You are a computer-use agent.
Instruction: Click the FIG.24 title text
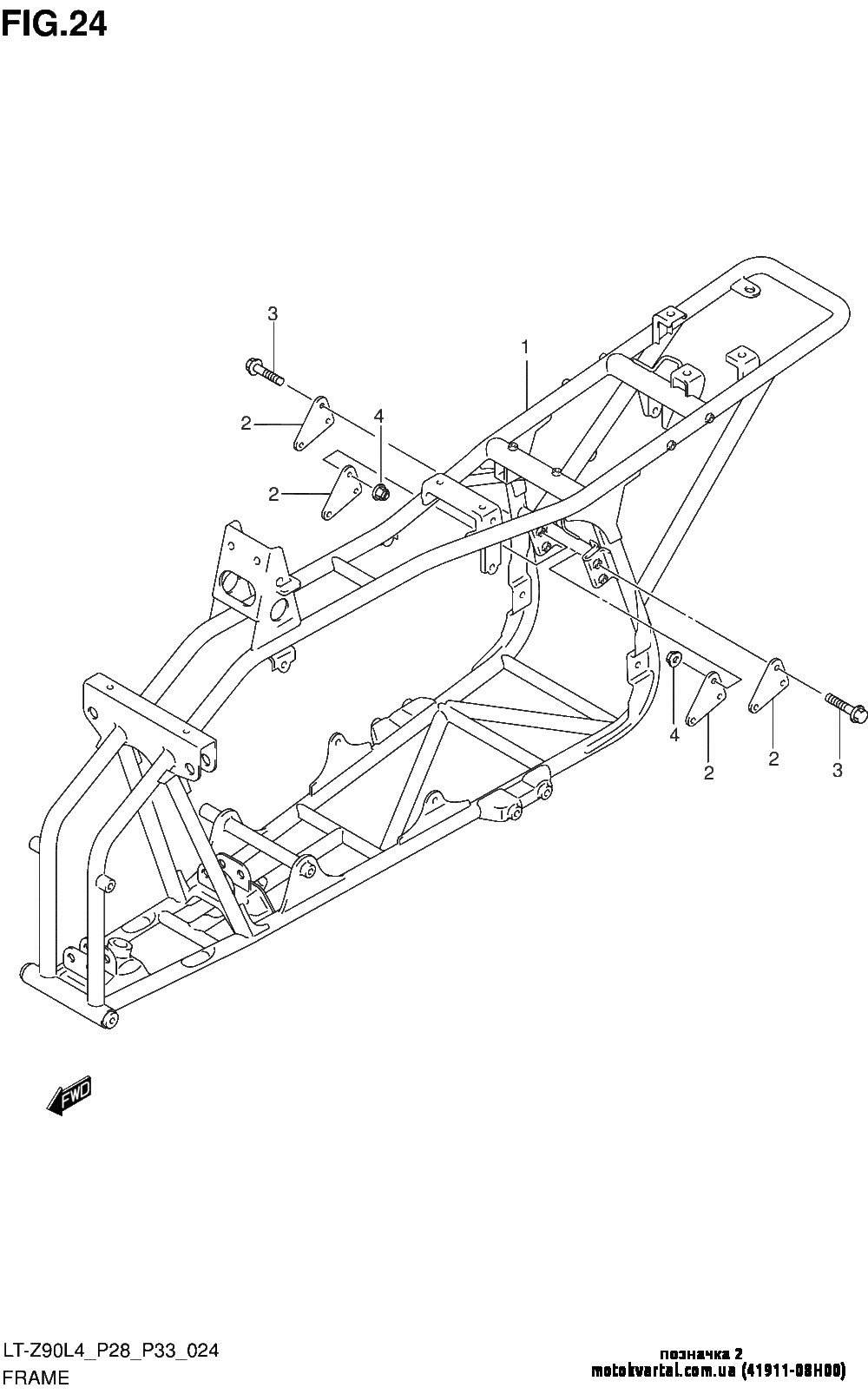point(54,23)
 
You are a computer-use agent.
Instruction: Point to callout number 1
point(525,346)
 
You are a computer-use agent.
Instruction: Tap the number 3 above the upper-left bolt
point(273,314)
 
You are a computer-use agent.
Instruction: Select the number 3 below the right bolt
point(837,769)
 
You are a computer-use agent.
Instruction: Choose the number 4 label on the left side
point(378,418)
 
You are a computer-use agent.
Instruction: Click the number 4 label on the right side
point(674,734)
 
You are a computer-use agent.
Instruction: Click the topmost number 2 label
point(247,424)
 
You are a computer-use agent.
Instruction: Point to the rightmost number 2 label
point(773,759)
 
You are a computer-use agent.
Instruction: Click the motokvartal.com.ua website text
point(663,1371)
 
